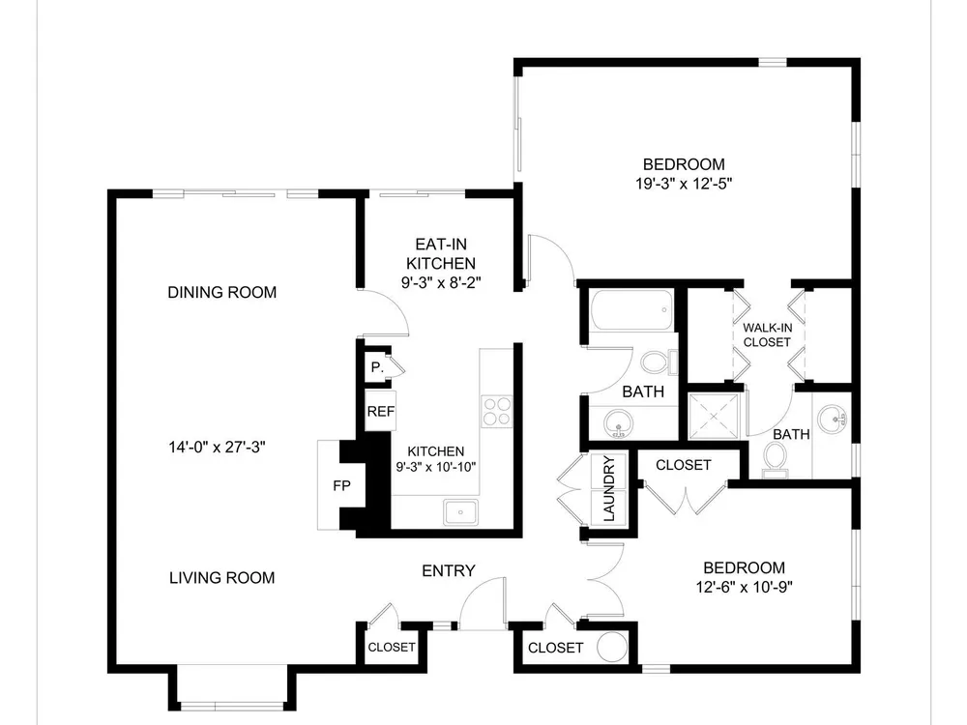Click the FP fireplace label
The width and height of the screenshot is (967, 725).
(x=341, y=486)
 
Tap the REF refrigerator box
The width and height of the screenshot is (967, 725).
(x=380, y=411)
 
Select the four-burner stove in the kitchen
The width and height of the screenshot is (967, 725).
(x=496, y=411)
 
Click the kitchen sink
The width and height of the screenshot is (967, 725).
(x=460, y=512)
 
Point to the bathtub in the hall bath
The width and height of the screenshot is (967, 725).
(x=630, y=309)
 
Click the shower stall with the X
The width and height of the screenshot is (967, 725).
(x=713, y=416)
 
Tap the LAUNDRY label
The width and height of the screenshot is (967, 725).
(x=609, y=489)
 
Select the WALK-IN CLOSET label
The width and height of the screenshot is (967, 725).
(x=767, y=334)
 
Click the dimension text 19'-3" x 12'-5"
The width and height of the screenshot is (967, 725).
(x=684, y=183)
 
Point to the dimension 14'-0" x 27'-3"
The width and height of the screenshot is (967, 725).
(x=217, y=447)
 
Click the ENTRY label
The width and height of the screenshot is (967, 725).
(x=449, y=571)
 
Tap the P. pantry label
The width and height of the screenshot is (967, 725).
(x=377, y=367)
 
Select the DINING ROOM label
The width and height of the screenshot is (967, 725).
(x=222, y=292)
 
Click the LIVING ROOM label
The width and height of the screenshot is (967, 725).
(x=222, y=578)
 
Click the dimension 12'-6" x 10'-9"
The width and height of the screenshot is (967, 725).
(x=745, y=587)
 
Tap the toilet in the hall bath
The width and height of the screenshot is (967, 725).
(x=659, y=362)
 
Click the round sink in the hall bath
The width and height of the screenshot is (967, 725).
(x=618, y=424)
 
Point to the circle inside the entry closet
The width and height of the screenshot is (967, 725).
(x=612, y=648)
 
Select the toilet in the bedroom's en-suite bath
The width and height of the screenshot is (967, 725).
(x=776, y=460)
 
